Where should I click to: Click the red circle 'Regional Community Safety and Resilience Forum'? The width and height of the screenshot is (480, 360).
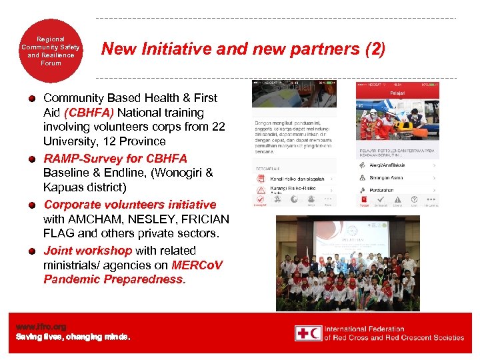point(51,51)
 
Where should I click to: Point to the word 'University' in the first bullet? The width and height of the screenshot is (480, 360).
point(71,141)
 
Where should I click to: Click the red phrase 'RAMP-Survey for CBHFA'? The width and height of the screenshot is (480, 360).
point(115,159)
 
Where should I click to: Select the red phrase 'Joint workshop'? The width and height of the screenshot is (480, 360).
point(87,251)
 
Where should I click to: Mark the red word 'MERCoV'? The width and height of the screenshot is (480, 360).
point(197,265)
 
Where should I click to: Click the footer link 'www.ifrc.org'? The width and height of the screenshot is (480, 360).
point(41,327)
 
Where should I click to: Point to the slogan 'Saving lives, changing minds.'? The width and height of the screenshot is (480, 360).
point(73,337)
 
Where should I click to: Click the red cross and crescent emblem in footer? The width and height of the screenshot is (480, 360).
point(309,333)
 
